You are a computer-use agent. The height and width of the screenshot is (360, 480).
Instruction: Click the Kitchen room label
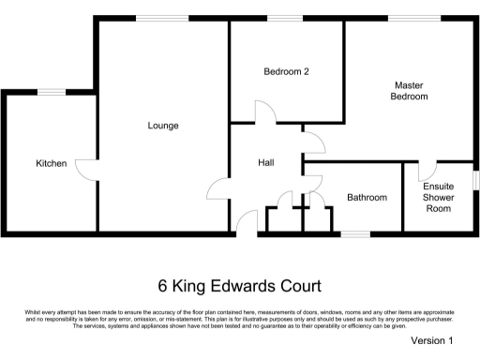pos(51,164)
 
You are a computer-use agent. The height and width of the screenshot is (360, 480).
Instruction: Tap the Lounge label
pos(163,126)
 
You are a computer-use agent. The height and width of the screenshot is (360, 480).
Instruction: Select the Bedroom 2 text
pos(286,72)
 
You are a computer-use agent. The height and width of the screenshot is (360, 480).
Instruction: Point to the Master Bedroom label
pos(409,91)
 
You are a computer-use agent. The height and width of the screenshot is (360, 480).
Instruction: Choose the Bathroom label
pos(367,198)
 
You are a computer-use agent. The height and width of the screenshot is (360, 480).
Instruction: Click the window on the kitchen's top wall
pos(51,91)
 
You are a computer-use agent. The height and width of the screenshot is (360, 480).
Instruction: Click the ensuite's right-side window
pos(475,178)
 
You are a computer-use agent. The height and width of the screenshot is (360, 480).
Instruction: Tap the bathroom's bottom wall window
pos(353,232)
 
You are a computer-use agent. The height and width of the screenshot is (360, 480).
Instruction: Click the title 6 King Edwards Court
pos(239,285)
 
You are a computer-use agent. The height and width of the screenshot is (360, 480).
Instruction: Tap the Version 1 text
pos(432,341)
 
